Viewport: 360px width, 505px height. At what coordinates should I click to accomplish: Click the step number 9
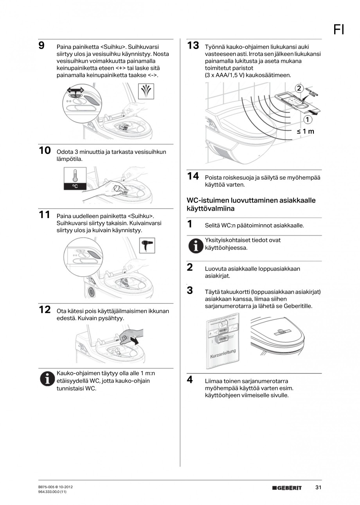pos(41,45)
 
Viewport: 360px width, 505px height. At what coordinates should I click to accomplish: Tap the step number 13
pos(193,45)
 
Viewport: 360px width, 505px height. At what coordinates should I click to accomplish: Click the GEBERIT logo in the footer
pos(287,488)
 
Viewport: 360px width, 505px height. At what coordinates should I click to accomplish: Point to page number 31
pos(318,487)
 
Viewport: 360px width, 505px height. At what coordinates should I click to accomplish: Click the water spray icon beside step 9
pos(146,92)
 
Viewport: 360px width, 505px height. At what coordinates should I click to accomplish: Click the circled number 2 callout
pos(299,88)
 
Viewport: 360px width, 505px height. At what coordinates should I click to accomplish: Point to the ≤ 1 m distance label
pos(305,132)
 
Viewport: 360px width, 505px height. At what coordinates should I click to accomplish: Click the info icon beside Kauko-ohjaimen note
pos(47,379)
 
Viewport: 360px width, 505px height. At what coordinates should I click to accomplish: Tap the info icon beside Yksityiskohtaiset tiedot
pos(195,245)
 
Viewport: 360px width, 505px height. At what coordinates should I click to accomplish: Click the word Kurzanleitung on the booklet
pos(223,353)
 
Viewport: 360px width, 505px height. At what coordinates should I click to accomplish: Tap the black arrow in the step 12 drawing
pos(135,341)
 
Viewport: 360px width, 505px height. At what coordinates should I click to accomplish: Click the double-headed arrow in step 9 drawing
pos(76,91)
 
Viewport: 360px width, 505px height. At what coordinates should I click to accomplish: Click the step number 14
pos(193,176)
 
